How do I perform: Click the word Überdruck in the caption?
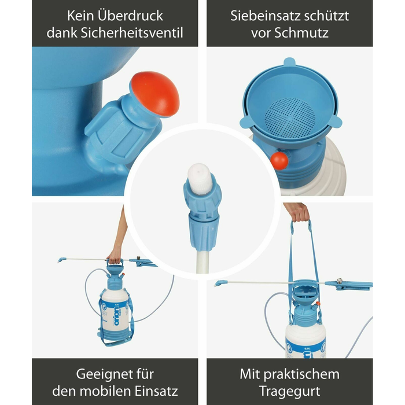pyautogui.click(x=130, y=16)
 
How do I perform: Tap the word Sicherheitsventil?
pyautogui.click(x=132, y=33)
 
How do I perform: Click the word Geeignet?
pyautogui.click(x=100, y=374)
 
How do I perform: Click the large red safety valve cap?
pyautogui.click(x=155, y=94)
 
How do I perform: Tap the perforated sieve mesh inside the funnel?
pyautogui.click(x=290, y=118)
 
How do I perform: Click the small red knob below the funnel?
pyautogui.click(x=279, y=161)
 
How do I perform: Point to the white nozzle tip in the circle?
pyautogui.click(x=200, y=178)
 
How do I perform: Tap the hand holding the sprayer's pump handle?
pyautogui.click(x=115, y=257)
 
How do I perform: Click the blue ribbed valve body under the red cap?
pyautogui.click(x=122, y=130)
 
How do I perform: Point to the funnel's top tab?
pyautogui.click(x=289, y=62)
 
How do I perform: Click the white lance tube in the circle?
pyautogui.click(x=203, y=260)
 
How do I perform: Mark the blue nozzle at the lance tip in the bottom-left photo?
pyautogui.click(x=61, y=260)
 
